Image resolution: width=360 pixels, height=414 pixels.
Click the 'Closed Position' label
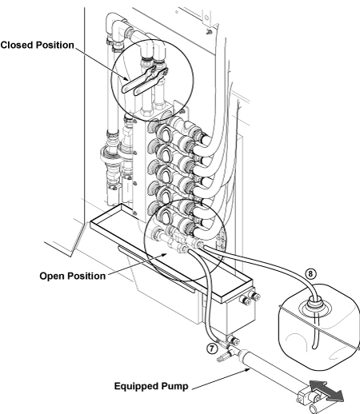pos(37,45)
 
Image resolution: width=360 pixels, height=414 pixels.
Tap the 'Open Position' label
pos(73,276)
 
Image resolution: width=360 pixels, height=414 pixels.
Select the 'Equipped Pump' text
pos(151,386)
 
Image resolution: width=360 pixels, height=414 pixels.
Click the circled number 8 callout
pos(310,274)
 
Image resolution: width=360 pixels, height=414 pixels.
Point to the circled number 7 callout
pos(212,348)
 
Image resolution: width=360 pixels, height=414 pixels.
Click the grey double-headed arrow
pos(326,392)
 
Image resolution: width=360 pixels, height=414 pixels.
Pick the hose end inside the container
pos(315,346)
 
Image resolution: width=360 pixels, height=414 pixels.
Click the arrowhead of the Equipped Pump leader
pos(248,369)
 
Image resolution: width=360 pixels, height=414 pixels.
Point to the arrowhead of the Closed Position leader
pos(127,79)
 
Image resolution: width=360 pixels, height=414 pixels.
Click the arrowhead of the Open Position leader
pos(165,255)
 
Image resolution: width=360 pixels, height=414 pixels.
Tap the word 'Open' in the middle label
pos(51,276)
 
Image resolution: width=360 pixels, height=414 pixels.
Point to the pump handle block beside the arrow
pos(306,396)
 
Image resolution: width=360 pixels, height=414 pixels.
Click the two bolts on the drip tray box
pos(250,298)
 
